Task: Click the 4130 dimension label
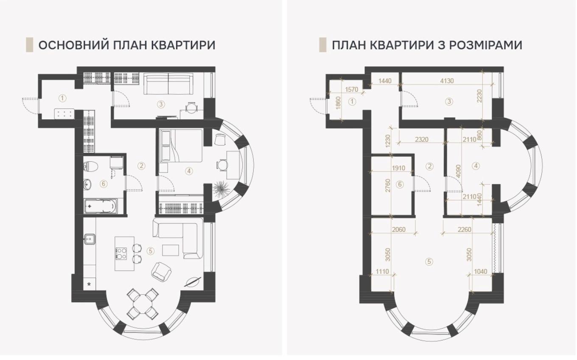(447, 81)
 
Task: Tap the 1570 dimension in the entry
(352, 90)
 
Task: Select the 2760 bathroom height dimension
(388, 185)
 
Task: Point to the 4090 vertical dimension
(458, 171)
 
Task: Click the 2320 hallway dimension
(422, 139)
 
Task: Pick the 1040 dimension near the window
(481, 271)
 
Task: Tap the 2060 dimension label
(398, 229)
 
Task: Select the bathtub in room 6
(101, 206)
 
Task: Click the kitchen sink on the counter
(89, 239)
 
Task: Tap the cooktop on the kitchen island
(121, 253)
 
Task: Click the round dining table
(143, 304)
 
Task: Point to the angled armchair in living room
(161, 272)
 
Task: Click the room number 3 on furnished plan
(161, 104)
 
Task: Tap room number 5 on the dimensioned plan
(429, 262)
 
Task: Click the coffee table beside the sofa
(171, 250)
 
